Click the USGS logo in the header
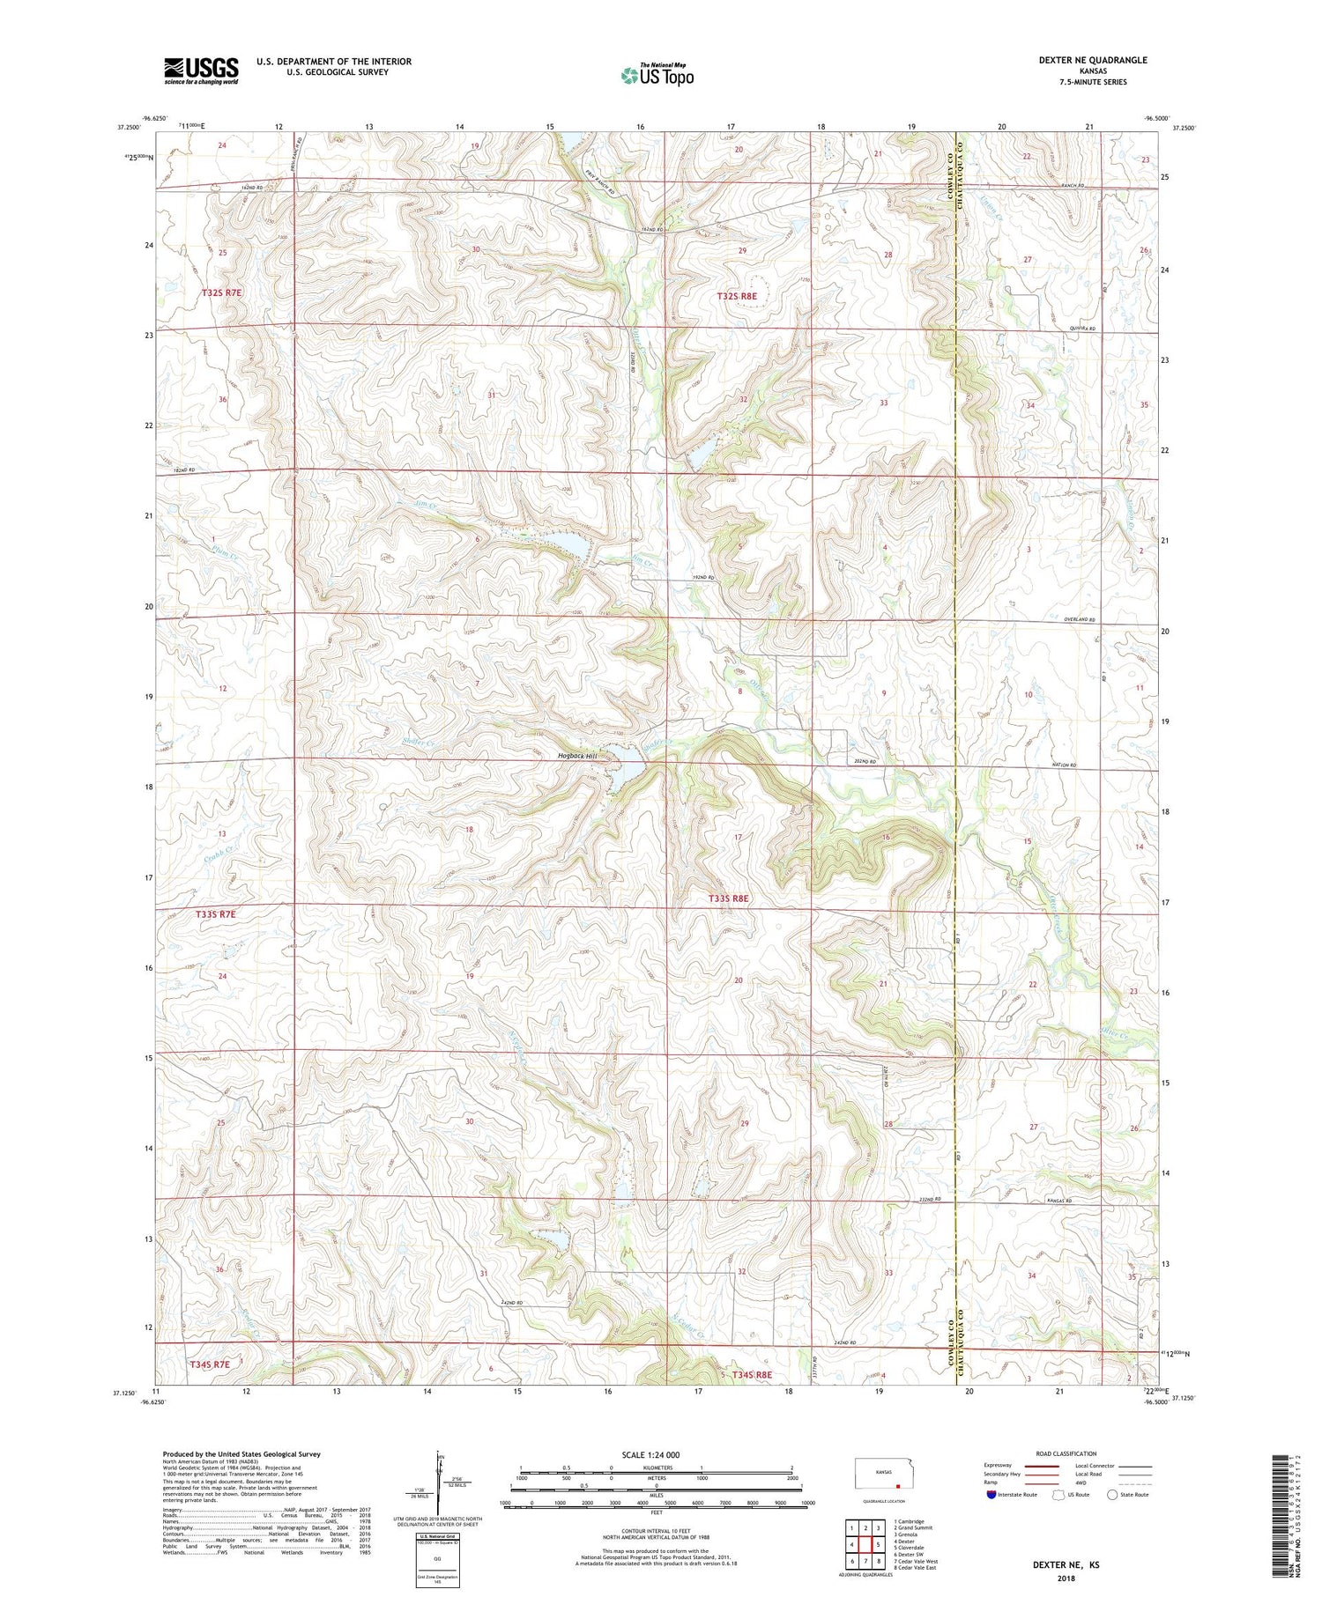pyautogui.click(x=201, y=70)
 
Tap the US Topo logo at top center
pyautogui.click(x=657, y=76)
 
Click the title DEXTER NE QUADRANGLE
pyautogui.click(x=1093, y=60)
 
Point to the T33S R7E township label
pyautogui.click(x=216, y=914)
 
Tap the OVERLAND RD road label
pyautogui.click(x=1079, y=620)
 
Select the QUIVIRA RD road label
pyautogui.click(x=1081, y=329)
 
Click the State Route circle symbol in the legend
pyautogui.click(x=1112, y=1494)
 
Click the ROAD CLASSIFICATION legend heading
pyautogui.click(x=1066, y=1453)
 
